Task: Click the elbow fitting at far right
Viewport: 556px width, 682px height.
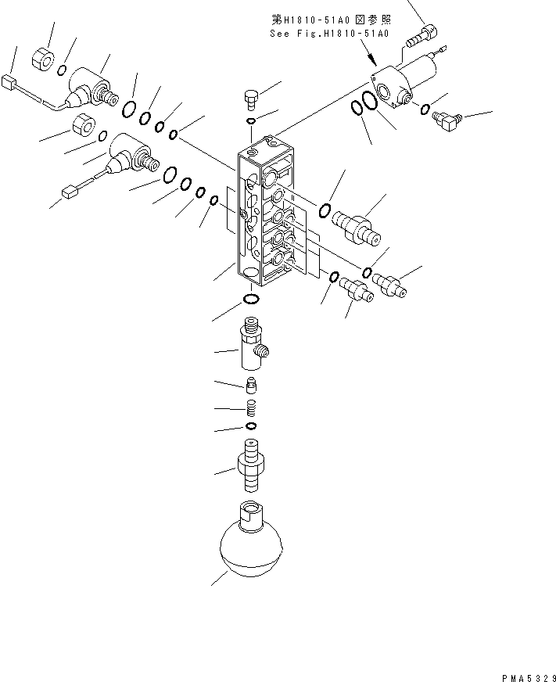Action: [448, 120]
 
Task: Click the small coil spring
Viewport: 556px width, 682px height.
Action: [251, 408]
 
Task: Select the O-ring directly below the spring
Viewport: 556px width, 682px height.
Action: [251, 426]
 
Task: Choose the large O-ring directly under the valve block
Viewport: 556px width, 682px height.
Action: [251, 300]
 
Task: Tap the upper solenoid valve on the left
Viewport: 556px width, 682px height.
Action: [90, 87]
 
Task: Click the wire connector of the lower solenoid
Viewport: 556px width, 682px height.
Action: [68, 189]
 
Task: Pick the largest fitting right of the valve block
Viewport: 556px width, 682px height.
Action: [355, 228]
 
